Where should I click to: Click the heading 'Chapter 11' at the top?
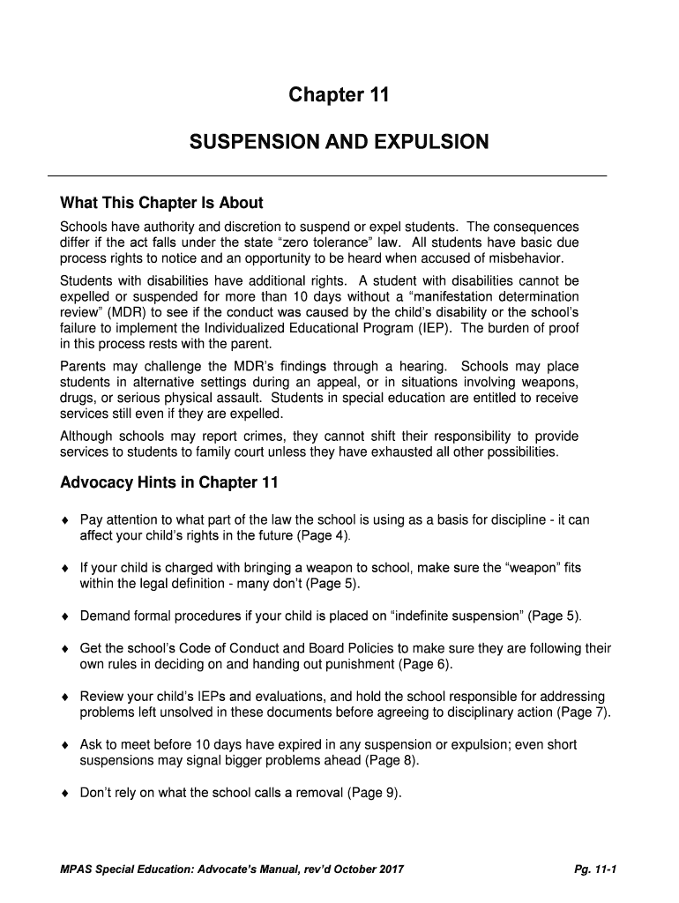click(339, 96)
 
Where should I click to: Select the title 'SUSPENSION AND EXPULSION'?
click(339, 142)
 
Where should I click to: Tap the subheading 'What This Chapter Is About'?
click(161, 204)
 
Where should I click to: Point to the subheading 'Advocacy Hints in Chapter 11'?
click(168, 482)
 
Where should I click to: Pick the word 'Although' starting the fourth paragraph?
click(86, 437)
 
